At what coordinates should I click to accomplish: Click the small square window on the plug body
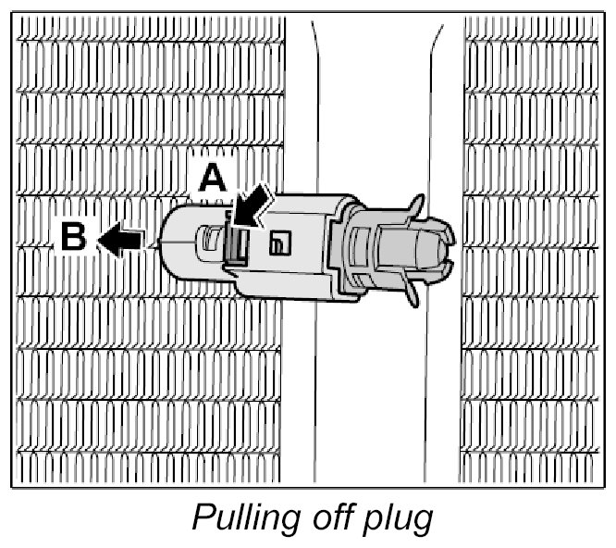click(x=277, y=244)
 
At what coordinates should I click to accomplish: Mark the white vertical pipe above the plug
click(x=370, y=102)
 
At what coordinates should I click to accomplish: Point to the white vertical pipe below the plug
click(x=370, y=398)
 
